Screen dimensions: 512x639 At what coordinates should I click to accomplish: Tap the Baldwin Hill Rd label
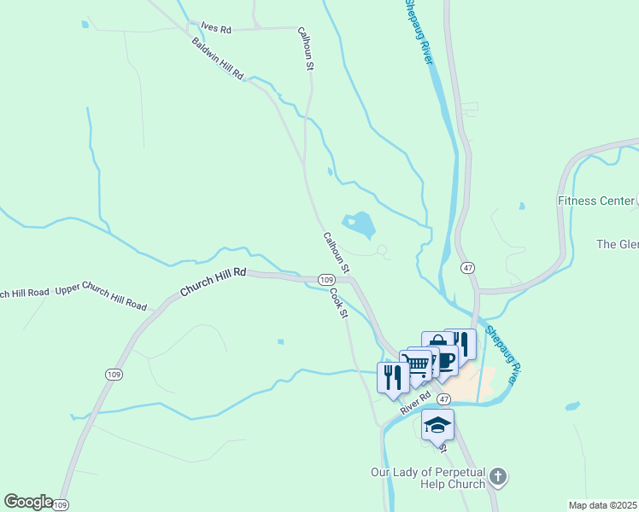(x=218, y=59)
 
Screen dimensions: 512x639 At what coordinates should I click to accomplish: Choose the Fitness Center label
(x=596, y=201)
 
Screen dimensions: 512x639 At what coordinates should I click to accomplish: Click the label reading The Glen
(x=618, y=244)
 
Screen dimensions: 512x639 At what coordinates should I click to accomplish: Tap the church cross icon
(x=499, y=478)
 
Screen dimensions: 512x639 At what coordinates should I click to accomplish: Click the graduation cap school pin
(x=437, y=425)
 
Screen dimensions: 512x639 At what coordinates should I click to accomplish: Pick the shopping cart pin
(x=416, y=364)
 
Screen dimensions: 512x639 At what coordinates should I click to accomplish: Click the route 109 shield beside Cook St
(x=325, y=280)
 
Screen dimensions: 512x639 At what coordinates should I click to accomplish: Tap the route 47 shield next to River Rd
(x=444, y=399)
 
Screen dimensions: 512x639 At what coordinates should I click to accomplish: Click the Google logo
(x=28, y=502)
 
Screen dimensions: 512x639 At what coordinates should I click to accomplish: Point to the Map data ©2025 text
(x=602, y=505)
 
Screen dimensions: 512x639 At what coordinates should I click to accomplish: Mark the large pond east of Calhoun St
(x=359, y=224)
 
